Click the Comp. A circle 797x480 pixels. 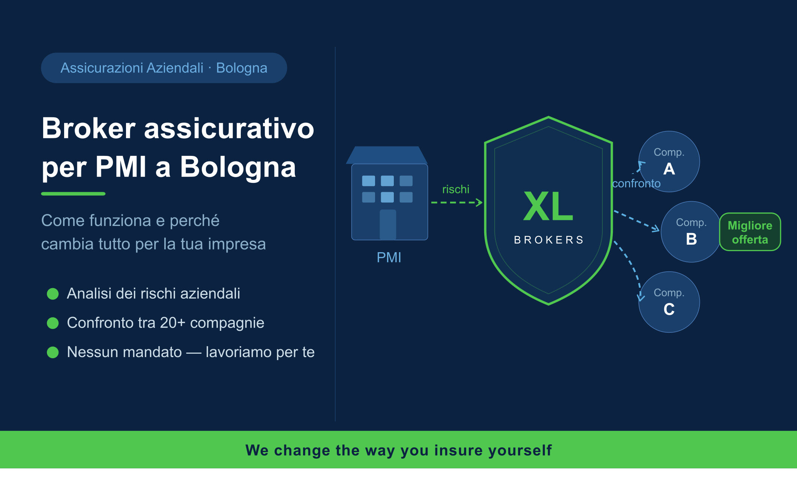coord(669,161)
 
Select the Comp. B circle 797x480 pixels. coord(691,232)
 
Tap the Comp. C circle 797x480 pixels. coord(669,302)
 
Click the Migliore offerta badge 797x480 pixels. coord(750,232)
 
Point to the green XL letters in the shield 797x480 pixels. coord(548,206)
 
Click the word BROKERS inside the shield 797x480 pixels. coord(548,240)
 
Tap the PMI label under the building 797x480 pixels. coord(389,257)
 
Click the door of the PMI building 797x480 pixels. coord(388,224)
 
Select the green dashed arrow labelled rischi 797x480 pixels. coord(456,203)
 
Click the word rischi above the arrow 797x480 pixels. coord(456,189)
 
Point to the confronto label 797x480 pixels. coord(636,183)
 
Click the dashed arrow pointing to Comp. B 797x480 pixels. coord(636,221)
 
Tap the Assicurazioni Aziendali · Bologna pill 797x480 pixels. coord(164,68)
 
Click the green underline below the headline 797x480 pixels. coord(73,194)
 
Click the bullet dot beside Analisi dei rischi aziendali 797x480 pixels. coord(53,294)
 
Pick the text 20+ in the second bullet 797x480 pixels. coord(173,323)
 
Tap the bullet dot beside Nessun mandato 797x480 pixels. coord(53,352)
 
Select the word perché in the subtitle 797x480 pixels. coord(194,221)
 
